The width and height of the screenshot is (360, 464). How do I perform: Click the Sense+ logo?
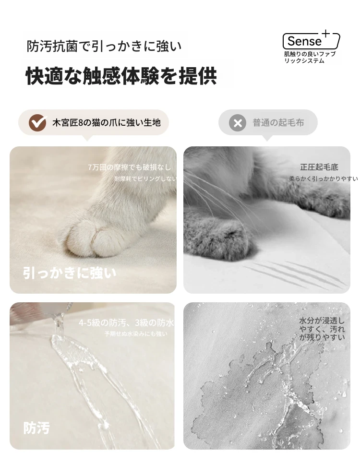click(x=311, y=40)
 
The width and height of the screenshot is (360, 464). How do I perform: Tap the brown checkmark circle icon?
click(x=37, y=122)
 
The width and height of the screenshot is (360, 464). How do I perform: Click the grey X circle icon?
click(x=238, y=123)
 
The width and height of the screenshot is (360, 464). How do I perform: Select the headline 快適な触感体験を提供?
click(x=121, y=76)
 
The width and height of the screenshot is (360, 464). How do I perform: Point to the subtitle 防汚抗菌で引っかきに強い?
click(x=104, y=46)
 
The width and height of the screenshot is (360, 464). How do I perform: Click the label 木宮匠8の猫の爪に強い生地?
click(x=107, y=122)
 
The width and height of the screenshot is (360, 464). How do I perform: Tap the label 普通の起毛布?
click(x=278, y=122)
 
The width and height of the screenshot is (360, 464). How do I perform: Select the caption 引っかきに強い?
click(x=70, y=273)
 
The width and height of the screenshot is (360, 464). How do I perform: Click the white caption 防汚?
click(x=36, y=428)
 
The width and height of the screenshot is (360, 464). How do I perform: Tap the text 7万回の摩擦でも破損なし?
click(x=130, y=167)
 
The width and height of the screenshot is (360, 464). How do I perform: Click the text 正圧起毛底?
click(x=319, y=167)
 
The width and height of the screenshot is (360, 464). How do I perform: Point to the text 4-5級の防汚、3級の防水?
click(x=126, y=322)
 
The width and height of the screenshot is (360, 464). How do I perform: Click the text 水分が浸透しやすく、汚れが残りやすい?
click(x=322, y=329)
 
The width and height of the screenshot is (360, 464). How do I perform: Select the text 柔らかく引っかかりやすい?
click(x=324, y=178)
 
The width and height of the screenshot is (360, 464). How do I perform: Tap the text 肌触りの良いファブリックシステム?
click(x=310, y=58)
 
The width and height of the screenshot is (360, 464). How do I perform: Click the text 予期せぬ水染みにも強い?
click(x=136, y=334)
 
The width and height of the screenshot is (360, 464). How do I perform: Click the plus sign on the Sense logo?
click(x=325, y=34)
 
